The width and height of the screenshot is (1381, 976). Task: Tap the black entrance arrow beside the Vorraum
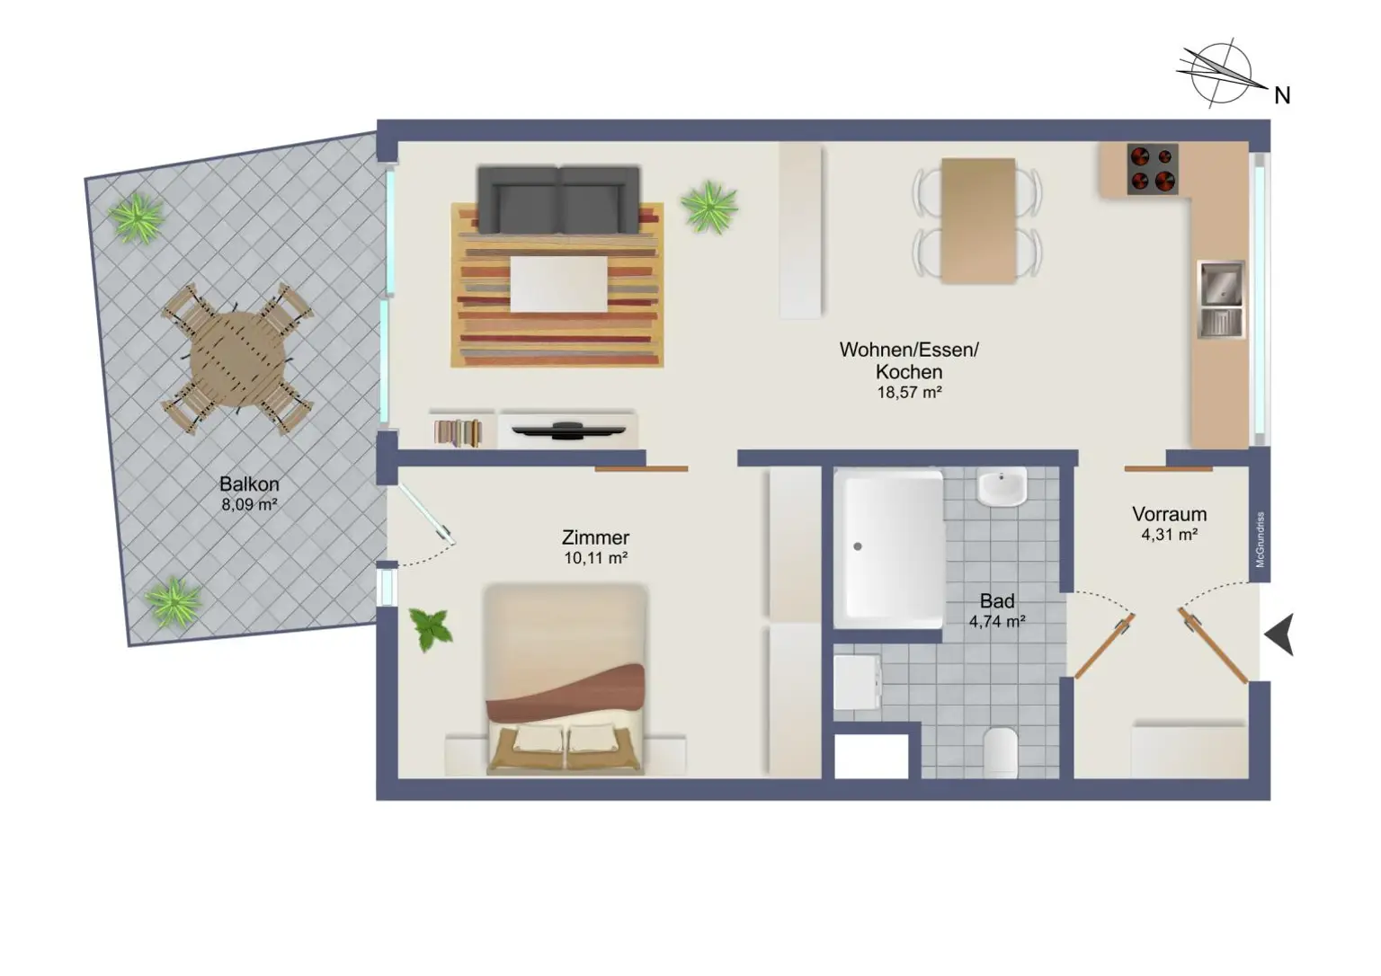tap(1279, 634)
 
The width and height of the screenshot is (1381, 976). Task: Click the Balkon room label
tap(249, 484)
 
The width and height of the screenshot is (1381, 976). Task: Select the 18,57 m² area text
tap(909, 393)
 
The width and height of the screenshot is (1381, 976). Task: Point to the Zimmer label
tap(595, 537)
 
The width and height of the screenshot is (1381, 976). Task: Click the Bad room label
tap(997, 600)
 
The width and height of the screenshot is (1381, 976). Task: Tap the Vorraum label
tap(1169, 514)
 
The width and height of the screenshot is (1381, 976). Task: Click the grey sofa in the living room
tap(558, 199)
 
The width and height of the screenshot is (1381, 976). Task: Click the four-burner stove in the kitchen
tap(1153, 169)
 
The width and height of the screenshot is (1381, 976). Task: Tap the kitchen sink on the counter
tap(1221, 298)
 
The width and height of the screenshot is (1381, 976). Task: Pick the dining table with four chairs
tap(978, 221)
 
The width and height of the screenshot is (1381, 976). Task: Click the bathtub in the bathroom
tap(888, 549)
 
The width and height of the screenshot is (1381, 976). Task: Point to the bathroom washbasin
tap(1002, 487)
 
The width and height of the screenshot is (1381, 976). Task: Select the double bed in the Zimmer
tap(566, 679)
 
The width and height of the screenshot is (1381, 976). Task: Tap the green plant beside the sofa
tap(709, 207)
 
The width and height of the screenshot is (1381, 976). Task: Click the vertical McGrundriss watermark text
tap(1261, 539)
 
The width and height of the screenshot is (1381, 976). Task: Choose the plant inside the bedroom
tap(431, 628)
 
